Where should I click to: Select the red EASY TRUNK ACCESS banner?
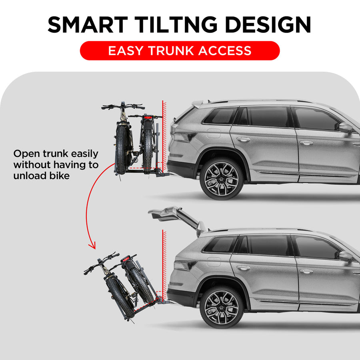pos(180,51)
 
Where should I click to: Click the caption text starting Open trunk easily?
pos(56,164)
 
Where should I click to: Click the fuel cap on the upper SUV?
pos(213,134)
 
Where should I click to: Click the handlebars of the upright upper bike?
pos(123,107)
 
